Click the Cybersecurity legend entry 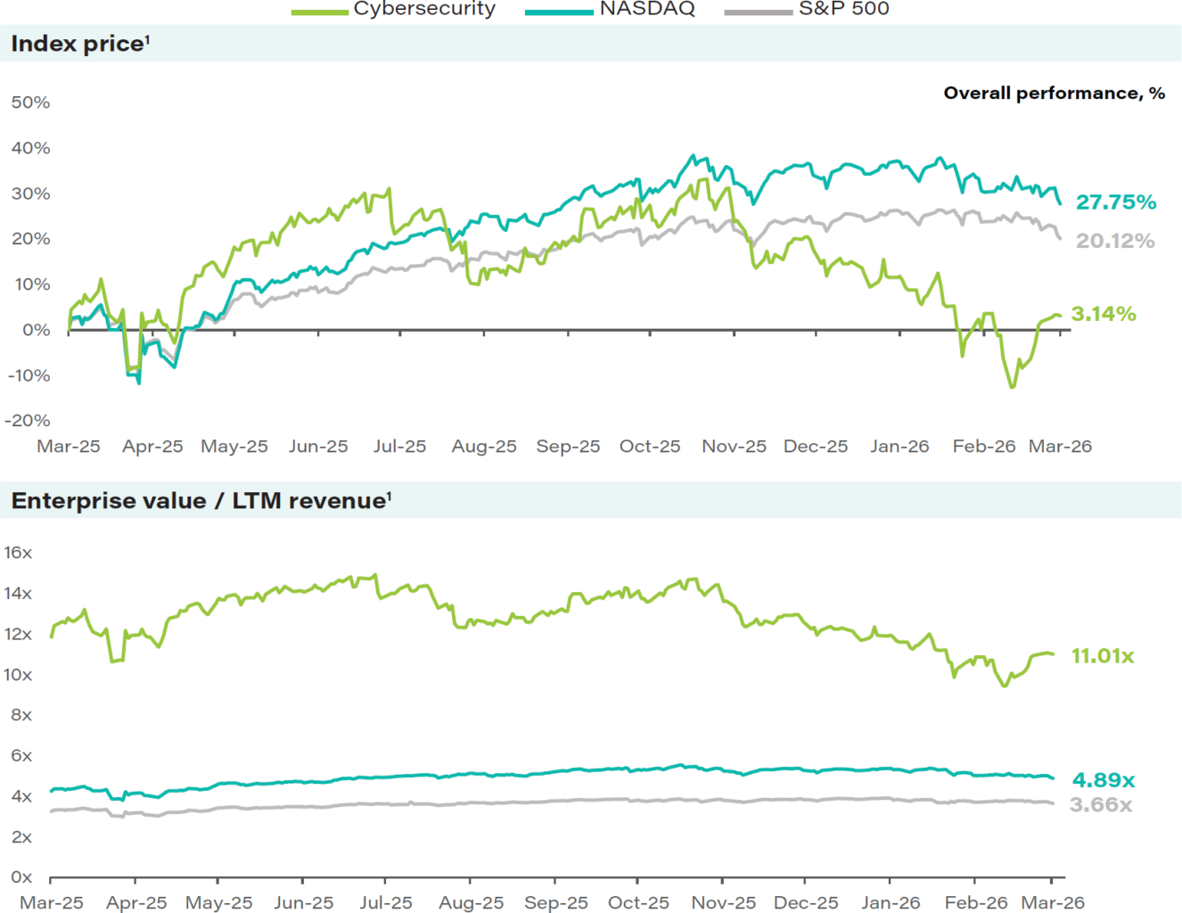point(423,9)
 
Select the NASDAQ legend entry point(646,9)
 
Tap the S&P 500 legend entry point(843,9)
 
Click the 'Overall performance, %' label point(1054,94)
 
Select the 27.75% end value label point(1115,202)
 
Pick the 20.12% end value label point(1114,241)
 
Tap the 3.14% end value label point(1103,314)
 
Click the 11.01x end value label point(1102,656)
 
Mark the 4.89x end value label point(1103,780)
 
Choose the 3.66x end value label point(1101,805)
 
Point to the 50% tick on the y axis point(30,103)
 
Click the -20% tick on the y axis point(29,420)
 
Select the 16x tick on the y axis point(18,553)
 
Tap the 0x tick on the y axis point(21,877)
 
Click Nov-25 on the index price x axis point(734,446)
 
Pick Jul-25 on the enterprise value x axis point(386,902)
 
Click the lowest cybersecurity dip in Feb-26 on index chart point(1011,386)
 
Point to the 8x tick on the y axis point(21,715)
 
